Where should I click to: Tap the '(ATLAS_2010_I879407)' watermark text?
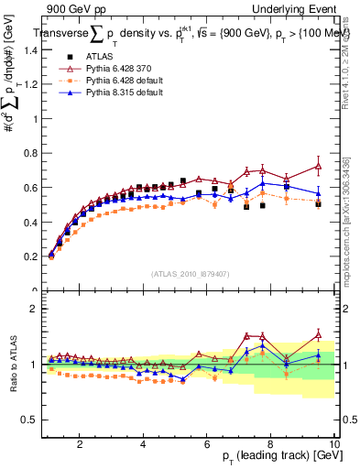point(191,273)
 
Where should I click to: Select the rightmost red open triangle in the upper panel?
point(318,167)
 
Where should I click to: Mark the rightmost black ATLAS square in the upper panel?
point(318,204)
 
